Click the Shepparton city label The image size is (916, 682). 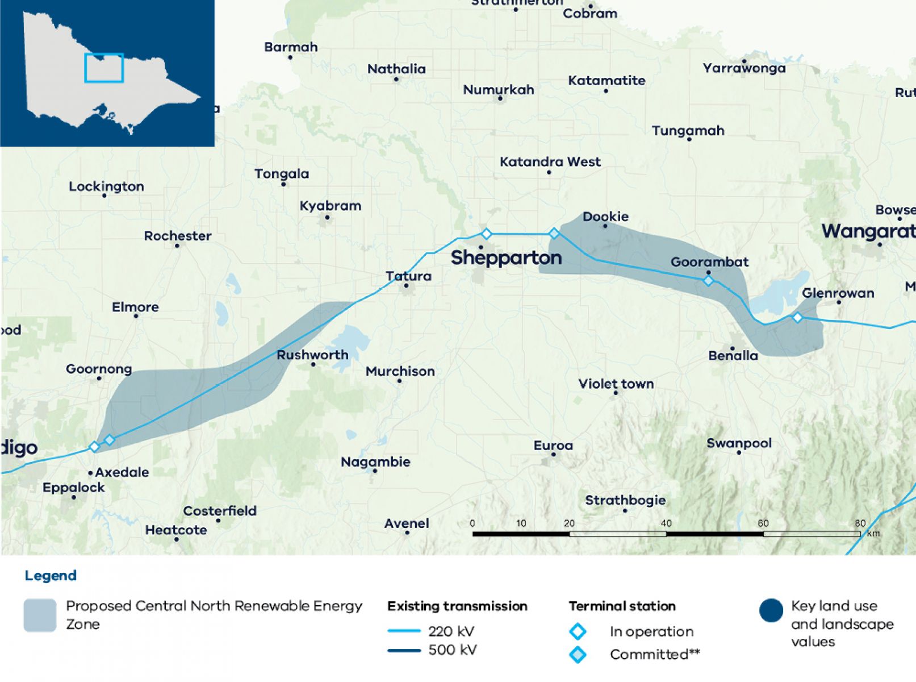pyautogui.click(x=506, y=258)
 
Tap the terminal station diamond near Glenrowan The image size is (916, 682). pyautogui.click(x=797, y=317)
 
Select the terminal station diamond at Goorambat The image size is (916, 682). pyautogui.click(x=708, y=280)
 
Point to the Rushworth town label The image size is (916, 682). pyautogui.click(x=312, y=355)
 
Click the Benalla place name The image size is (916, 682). pyautogui.click(x=733, y=356)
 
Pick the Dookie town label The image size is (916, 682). pyautogui.click(x=605, y=217)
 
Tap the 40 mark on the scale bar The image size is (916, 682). pyautogui.click(x=666, y=523)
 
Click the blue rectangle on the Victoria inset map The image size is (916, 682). pyautogui.click(x=104, y=68)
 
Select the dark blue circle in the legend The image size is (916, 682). pyautogui.click(x=771, y=611)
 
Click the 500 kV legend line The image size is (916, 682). pyautogui.click(x=404, y=650)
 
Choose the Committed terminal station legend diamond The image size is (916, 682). pyautogui.click(x=578, y=655)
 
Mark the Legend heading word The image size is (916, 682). pyautogui.click(x=51, y=576)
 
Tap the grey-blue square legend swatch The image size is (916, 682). pyautogui.click(x=40, y=615)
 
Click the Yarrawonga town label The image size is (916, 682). pyautogui.click(x=744, y=68)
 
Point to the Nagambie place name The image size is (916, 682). pyautogui.click(x=375, y=462)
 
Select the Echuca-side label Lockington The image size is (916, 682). pyautogui.click(x=106, y=186)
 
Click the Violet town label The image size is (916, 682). pyautogui.click(x=616, y=384)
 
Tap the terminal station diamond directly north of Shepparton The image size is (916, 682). pyautogui.click(x=486, y=234)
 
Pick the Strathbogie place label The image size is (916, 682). pyautogui.click(x=625, y=501)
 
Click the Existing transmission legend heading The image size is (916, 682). pyautogui.click(x=457, y=606)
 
